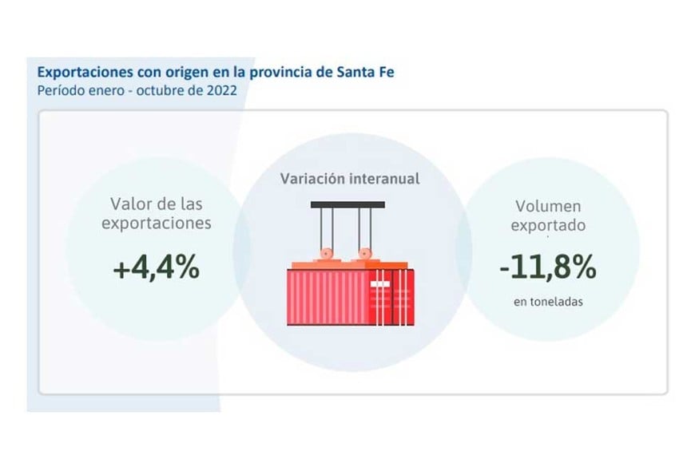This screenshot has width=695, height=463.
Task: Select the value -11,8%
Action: click(x=547, y=269)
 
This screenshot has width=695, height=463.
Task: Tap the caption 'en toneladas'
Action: click(x=547, y=303)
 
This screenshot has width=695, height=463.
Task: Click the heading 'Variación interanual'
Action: click(x=349, y=178)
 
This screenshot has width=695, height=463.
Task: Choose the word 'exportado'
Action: click(x=548, y=225)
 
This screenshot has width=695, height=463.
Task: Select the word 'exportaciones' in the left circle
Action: click(x=156, y=223)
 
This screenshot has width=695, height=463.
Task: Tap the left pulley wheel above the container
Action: click(x=328, y=256)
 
